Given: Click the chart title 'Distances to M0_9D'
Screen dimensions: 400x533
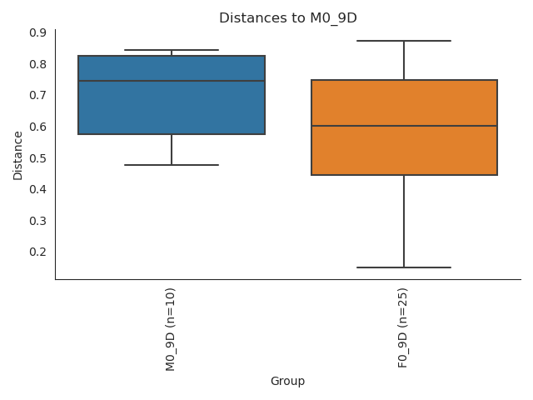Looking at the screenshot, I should [x=287, y=17].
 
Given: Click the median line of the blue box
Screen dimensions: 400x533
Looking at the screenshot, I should [x=172, y=81].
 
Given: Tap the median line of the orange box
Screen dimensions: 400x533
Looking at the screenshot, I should [x=404, y=126].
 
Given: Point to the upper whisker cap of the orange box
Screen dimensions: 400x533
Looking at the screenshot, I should [x=404, y=41].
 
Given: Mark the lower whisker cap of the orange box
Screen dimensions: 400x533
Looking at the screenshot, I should [x=404, y=267].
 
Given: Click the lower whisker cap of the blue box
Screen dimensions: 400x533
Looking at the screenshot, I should [x=172, y=165].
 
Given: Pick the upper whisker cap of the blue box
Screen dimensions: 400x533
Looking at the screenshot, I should [x=172, y=50].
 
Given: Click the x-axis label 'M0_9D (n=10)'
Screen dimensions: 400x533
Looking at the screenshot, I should [x=172, y=329].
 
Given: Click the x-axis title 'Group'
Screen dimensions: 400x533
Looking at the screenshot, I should [x=287, y=382].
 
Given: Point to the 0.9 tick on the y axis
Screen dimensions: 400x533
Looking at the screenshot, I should [x=37, y=32].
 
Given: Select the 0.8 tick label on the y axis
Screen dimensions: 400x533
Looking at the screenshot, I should [x=37, y=64].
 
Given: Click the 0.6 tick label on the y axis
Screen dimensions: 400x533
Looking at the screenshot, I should [x=37, y=127].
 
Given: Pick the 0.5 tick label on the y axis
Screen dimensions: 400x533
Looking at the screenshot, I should [x=37, y=158].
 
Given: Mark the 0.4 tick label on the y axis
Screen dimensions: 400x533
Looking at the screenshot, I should [x=37, y=189].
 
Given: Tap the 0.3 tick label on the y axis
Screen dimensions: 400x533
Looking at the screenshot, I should [x=37, y=221].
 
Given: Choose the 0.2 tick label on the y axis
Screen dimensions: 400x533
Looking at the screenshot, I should [x=37, y=252].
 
